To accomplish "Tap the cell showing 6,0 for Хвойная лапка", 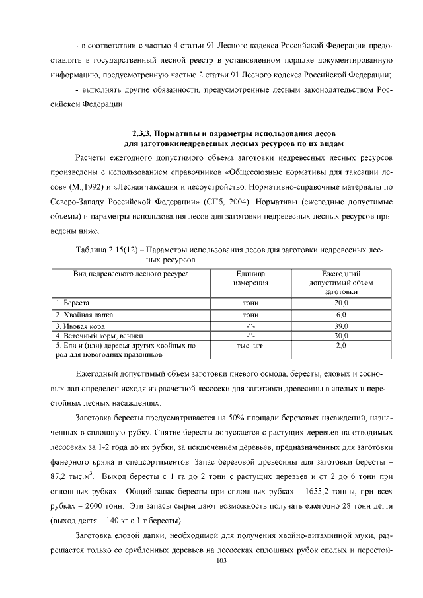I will coord(340,314).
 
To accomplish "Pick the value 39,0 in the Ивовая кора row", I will coord(340,326).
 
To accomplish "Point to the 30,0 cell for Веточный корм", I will coord(340,335).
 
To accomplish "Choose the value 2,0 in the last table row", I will coord(340,345).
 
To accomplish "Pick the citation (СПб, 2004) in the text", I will coord(239,201).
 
